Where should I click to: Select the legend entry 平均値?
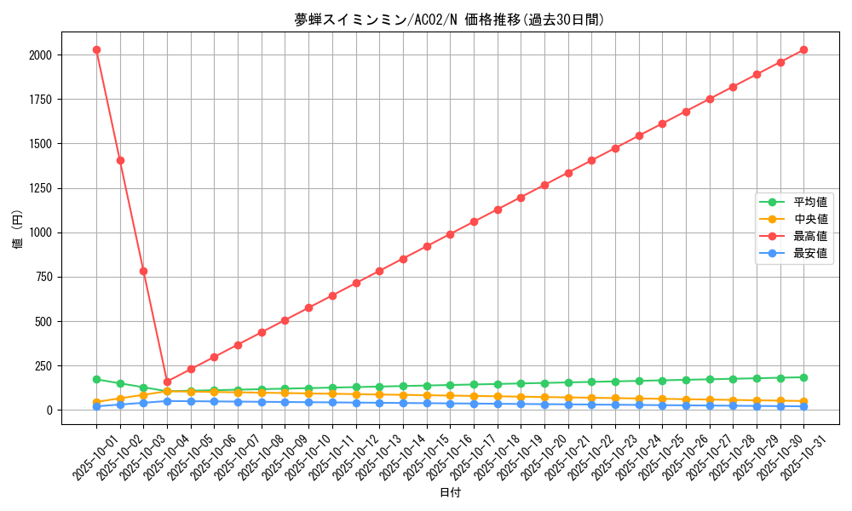click(x=810, y=202)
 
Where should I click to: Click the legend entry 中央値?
click(x=810, y=219)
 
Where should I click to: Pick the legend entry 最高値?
click(x=810, y=236)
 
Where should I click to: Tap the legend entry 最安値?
click(x=810, y=253)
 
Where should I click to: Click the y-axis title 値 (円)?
click(x=17, y=230)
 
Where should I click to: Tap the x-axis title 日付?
click(x=450, y=493)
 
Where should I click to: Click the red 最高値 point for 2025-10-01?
click(x=96, y=49)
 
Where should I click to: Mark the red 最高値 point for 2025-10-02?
click(x=120, y=160)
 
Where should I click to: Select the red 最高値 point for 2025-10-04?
click(x=167, y=382)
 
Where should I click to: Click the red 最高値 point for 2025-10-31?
click(x=803, y=49)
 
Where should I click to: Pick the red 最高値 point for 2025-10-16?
click(x=450, y=234)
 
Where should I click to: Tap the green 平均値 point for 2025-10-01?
click(x=96, y=379)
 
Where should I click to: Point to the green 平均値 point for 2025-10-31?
click(x=803, y=377)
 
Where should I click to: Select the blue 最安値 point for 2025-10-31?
click(x=803, y=406)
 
